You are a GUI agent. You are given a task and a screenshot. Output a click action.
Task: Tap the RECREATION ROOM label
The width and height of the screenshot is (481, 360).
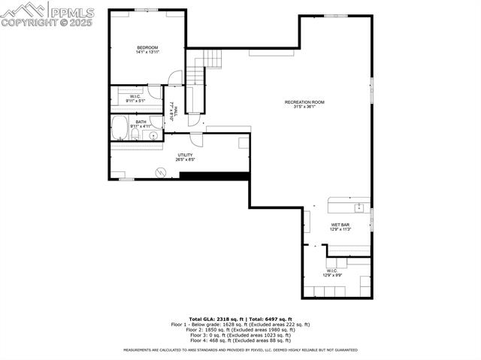(x=304, y=102)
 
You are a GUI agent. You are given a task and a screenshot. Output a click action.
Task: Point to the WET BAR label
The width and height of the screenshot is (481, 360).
(x=340, y=225)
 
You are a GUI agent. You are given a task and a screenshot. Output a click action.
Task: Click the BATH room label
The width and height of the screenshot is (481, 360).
(x=141, y=122)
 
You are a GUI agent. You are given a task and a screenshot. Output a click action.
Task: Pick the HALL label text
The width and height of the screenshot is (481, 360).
(x=177, y=110)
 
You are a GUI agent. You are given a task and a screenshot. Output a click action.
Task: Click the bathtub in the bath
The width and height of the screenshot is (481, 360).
(x=120, y=129)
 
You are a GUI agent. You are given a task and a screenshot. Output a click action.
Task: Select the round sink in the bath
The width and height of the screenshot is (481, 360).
(x=153, y=136)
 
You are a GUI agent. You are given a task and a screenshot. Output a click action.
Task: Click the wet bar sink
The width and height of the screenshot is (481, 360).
(x=359, y=206)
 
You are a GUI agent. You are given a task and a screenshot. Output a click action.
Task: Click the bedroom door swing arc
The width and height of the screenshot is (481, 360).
(x=174, y=77)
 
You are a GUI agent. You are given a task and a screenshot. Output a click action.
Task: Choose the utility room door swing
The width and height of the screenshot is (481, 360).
(x=195, y=139)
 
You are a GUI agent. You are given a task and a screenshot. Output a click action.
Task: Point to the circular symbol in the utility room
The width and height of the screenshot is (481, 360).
(x=159, y=171)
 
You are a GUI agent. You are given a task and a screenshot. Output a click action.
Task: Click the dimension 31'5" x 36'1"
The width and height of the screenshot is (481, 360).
(x=304, y=107)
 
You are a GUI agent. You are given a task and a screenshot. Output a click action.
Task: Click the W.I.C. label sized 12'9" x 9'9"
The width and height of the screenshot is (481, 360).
(x=331, y=271)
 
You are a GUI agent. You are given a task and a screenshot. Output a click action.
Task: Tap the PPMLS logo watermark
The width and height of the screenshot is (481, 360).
(x=37, y=14)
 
